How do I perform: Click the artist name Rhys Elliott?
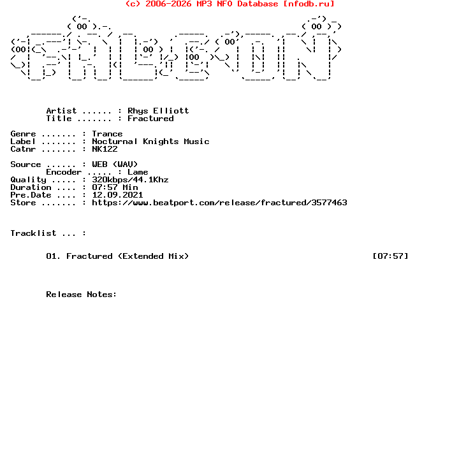click(158, 111)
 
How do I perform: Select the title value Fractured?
click(150, 119)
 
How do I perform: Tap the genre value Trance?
click(107, 134)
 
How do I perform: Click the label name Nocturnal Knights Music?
click(150, 142)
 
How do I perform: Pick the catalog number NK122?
click(105, 149)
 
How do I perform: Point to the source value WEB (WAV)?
click(115, 164)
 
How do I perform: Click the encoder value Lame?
click(138, 172)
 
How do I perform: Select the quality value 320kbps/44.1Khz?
click(130, 180)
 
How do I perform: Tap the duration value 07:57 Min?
click(115, 187)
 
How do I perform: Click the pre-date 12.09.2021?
click(117, 195)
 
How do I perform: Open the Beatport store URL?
click(219, 203)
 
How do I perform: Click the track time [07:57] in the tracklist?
click(390, 256)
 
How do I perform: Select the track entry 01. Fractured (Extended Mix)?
click(117, 256)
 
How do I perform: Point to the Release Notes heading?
click(82, 295)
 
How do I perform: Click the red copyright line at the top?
click(229, 4)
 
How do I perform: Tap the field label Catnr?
click(23, 149)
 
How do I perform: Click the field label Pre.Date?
click(31, 195)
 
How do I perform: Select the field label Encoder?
click(64, 172)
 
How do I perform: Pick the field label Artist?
click(61, 111)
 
